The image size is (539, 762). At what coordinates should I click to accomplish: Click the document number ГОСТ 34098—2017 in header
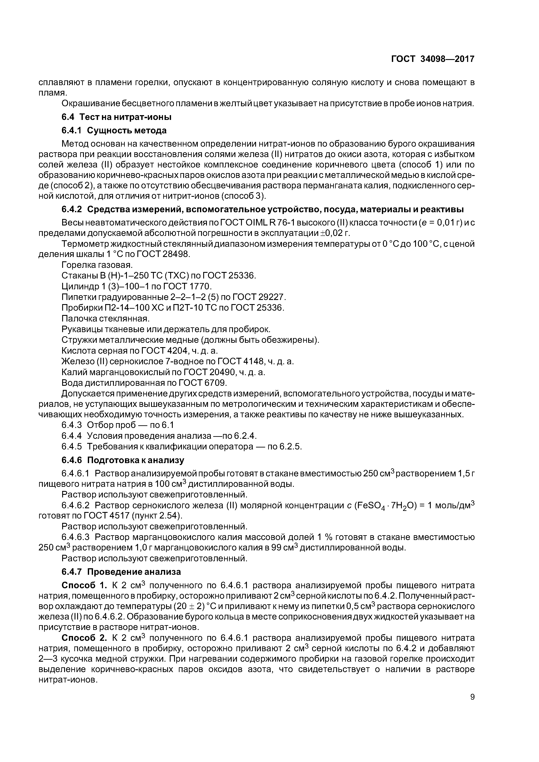[x=433, y=59]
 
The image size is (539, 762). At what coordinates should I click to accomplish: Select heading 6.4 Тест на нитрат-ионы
[x=116, y=117]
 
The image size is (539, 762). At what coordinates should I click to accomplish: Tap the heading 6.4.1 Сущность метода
[x=114, y=130]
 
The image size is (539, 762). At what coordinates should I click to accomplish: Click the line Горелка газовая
[x=97, y=265]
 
